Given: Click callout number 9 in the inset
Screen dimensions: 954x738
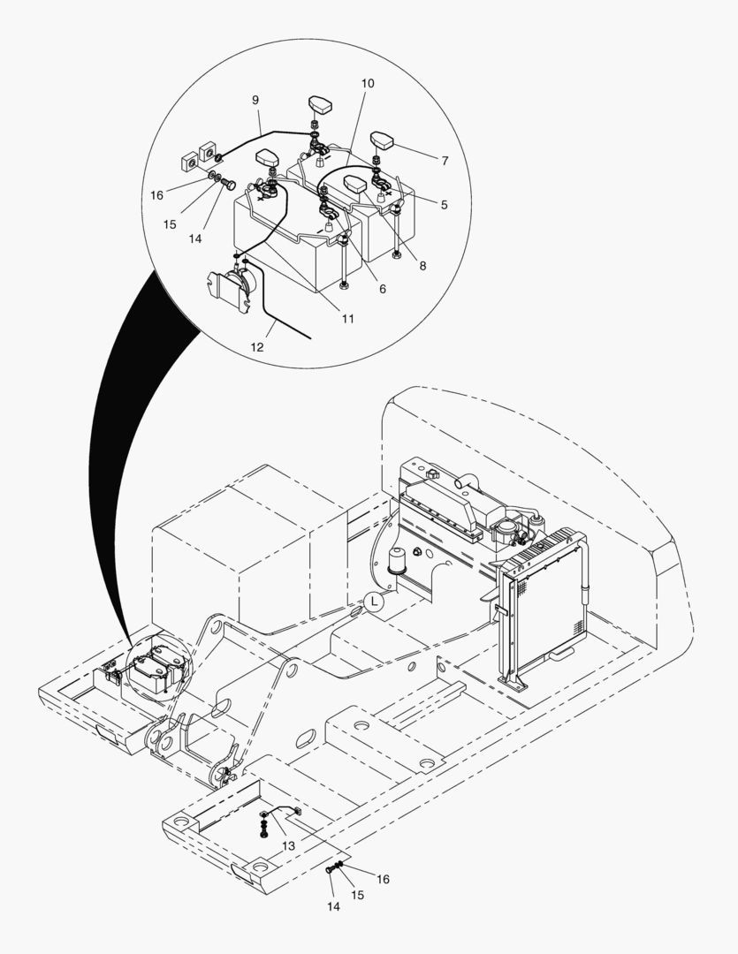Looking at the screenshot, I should (255, 101).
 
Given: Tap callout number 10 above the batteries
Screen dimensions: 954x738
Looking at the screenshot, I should (368, 83).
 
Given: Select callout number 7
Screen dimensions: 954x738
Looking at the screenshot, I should (444, 162).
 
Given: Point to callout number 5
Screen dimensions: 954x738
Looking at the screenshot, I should (444, 205).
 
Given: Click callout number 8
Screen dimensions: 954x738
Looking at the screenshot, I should (422, 265).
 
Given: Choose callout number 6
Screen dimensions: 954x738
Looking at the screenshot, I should (382, 289).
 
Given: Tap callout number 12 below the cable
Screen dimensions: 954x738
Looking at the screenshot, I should (257, 347).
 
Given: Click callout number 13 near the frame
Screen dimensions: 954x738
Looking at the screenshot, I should (289, 846).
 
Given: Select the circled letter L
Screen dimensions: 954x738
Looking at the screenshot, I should (374, 602).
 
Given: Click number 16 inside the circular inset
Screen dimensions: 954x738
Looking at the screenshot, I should (156, 194).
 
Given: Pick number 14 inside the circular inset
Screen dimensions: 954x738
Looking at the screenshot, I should (195, 238).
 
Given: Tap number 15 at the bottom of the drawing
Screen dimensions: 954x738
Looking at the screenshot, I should (358, 894).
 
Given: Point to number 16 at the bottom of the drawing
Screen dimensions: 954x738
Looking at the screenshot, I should (382, 879).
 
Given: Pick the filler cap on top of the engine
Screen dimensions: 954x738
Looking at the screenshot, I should (432, 475).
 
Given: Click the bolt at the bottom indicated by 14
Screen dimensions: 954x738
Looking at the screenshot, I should (330, 870).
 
